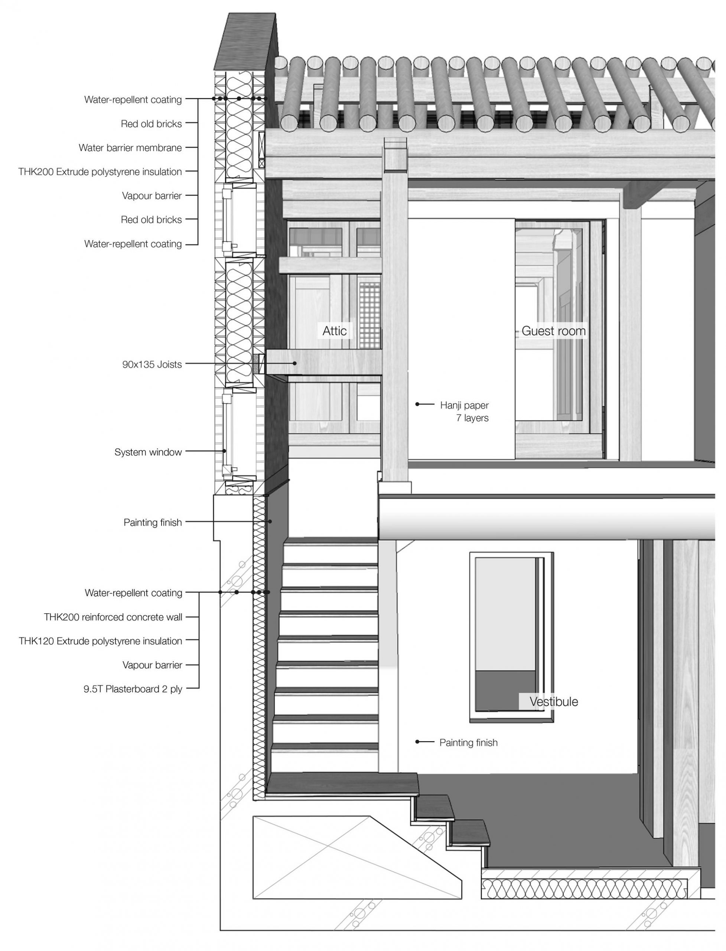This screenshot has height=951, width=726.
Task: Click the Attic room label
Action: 335,331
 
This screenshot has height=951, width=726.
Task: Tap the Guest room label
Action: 554,331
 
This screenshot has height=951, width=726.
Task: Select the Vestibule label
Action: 554,702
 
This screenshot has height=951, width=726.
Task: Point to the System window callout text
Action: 148,452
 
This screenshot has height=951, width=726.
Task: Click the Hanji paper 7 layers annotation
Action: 465,412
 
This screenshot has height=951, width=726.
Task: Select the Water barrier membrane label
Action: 130,148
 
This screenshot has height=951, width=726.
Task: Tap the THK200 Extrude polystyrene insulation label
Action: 100,172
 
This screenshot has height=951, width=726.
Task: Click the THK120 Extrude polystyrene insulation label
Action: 100,641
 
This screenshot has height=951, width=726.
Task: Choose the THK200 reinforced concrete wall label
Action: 113,617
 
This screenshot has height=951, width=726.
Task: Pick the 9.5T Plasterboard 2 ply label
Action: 133,689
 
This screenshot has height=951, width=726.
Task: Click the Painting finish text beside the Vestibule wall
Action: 468,743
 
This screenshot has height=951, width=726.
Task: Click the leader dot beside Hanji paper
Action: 417,405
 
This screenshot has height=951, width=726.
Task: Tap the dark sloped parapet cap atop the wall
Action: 245,41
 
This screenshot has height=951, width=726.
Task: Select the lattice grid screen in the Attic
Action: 369,316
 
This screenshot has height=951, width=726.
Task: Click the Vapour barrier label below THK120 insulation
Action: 152,665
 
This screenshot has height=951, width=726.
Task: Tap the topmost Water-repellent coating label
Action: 133,100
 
